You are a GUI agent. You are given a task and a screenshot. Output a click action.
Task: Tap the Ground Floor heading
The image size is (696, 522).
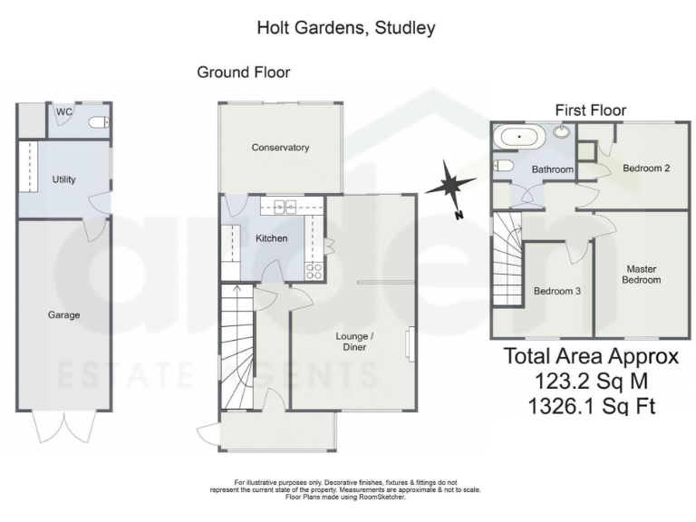(x=244, y=72)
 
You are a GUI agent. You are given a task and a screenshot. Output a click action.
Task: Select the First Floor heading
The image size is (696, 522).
(x=591, y=111)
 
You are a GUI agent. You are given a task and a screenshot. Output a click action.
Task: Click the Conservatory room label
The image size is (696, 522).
(x=280, y=148)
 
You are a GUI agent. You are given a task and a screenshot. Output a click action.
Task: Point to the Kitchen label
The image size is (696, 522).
(x=271, y=238)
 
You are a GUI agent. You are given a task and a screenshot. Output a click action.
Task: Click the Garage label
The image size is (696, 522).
(x=64, y=315)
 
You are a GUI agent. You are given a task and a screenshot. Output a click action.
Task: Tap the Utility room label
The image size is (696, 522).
(x=64, y=179)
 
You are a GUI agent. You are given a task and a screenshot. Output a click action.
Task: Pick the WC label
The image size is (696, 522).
(x=64, y=111)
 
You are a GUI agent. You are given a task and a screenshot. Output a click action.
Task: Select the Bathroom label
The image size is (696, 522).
(x=552, y=169)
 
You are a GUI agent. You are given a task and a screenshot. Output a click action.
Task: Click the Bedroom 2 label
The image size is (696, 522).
(x=646, y=167)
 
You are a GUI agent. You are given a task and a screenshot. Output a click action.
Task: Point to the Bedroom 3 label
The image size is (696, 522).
(x=556, y=291)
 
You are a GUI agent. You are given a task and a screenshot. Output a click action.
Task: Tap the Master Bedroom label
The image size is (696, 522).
(x=643, y=275)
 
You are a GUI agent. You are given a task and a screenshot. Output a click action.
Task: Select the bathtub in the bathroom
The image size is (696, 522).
(x=517, y=138)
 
